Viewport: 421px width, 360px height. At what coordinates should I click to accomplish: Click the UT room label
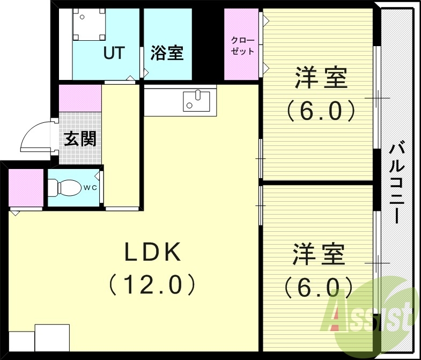coord(114,53)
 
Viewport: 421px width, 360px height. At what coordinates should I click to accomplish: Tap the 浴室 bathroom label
coord(167,53)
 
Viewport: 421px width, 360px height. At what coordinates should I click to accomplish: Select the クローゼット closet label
coord(242,46)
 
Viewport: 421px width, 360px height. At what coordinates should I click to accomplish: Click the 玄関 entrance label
coord(80,139)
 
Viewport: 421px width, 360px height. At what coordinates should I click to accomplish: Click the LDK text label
coord(153,253)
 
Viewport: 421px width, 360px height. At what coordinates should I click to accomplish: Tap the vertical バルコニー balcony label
coord(397,182)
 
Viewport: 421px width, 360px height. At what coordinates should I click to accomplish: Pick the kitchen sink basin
coord(196,100)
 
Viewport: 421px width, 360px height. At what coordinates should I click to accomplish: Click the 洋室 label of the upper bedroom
coord(320,79)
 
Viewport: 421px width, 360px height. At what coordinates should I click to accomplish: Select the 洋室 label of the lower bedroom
coord(319,254)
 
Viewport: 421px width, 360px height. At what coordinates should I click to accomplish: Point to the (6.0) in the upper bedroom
coord(321,111)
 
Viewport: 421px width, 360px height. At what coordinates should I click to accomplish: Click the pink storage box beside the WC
coord(26,188)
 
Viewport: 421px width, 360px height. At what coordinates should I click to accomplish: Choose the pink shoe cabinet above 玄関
coord(80,98)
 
